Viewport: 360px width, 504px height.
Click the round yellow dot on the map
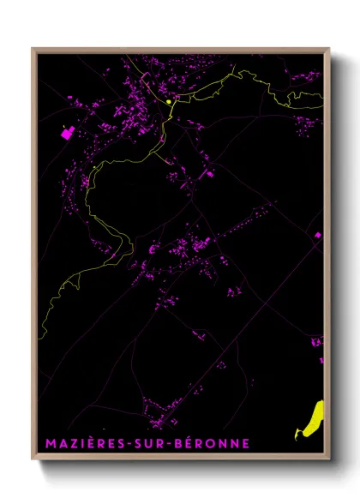click(169, 101)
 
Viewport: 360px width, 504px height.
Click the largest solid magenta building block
click(67, 134)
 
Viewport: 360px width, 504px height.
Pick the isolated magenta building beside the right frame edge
click(317, 234)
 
